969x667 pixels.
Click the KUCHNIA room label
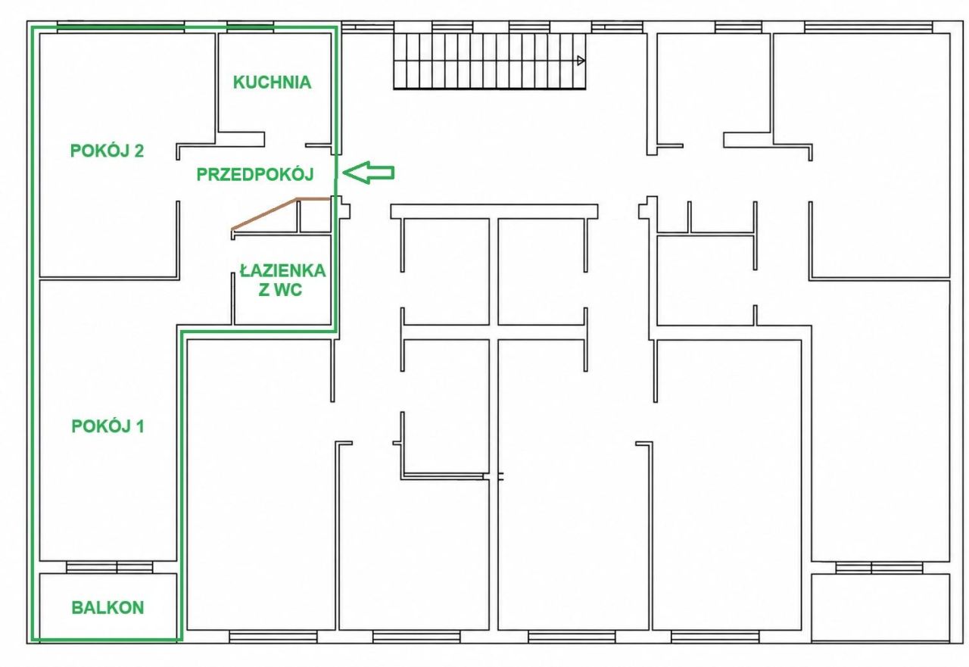pos(272,83)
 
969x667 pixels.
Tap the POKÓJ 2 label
pos(107,151)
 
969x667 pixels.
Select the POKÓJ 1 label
pos(107,426)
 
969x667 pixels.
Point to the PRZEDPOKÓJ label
pos(255,174)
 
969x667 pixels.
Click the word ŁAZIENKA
pos(283,271)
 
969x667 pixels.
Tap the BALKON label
pos(107,608)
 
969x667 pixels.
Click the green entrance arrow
pos(368,173)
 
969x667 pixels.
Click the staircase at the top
pos(489,61)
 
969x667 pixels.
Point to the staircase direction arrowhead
pos(581,61)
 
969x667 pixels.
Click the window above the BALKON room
pos(110,567)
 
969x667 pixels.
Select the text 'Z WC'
pos(280,290)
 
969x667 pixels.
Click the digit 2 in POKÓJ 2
pos(139,151)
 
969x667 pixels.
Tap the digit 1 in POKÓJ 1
pos(140,426)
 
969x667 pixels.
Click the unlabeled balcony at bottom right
pos(880,608)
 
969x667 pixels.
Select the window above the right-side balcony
pos(879,568)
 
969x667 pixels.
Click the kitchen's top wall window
pos(251,26)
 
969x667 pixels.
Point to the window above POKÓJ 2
pos(120,26)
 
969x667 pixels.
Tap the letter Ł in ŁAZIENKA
pos(245,271)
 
